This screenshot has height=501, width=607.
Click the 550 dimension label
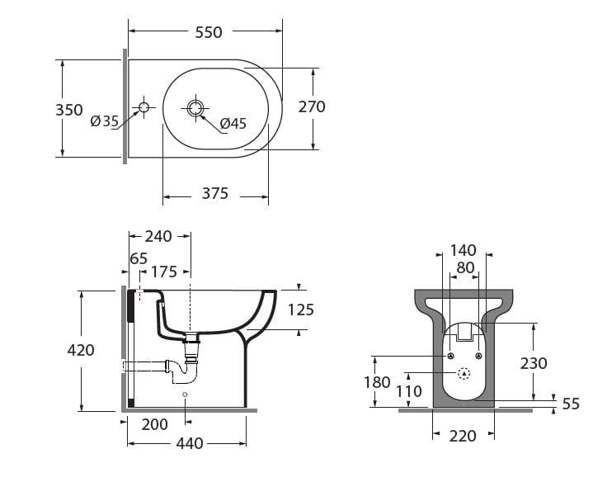pyautogui.click(x=209, y=32)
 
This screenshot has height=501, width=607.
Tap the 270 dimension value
pyautogui.click(x=312, y=106)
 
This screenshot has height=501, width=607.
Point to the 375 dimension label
pyautogui.click(x=215, y=195)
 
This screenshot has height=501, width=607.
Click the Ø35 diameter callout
pyautogui.click(x=105, y=121)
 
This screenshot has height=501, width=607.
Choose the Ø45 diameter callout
pyautogui.click(x=233, y=124)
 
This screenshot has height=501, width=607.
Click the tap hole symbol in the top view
pyautogui.click(x=144, y=107)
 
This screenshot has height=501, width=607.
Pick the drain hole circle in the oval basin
pyautogui.click(x=195, y=107)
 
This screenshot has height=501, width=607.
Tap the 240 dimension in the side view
pyautogui.click(x=158, y=237)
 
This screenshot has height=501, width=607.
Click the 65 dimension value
pyautogui.click(x=139, y=258)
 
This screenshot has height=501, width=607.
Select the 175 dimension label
pyautogui.click(x=163, y=272)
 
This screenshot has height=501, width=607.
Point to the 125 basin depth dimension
pyautogui.click(x=300, y=310)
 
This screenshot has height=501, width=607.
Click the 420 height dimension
pyautogui.click(x=81, y=350)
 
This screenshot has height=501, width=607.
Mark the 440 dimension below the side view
pyautogui.click(x=190, y=443)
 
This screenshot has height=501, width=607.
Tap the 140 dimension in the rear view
pyautogui.click(x=463, y=251)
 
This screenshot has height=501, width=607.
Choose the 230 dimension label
pyautogui.click(x=534, y=363)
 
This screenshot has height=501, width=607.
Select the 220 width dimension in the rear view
pyautogui.click(x=463, y=436)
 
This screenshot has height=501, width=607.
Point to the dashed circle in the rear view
pyautogui.click(x=463, y=373)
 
